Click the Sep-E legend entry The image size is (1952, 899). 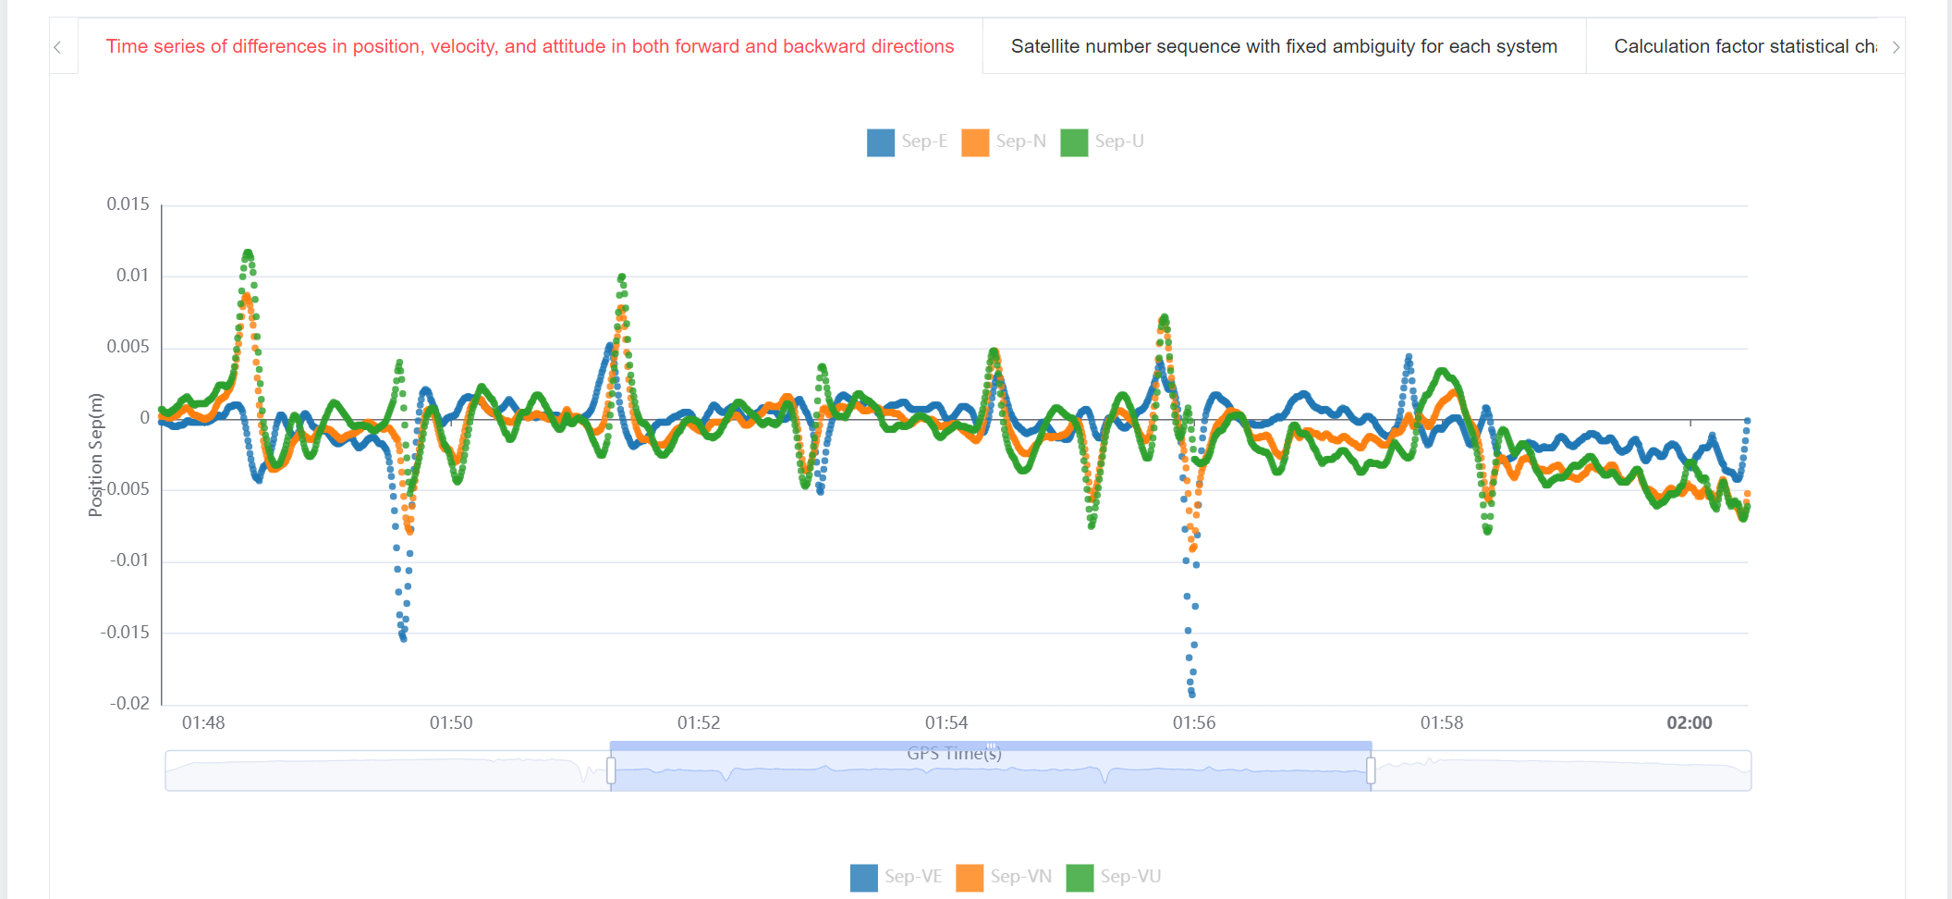(x=907, y=142)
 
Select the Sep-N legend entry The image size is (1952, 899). (x=1004, y=142)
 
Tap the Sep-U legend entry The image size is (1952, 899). (x=1103, y=142)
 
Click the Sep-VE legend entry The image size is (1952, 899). (x=896, y=877)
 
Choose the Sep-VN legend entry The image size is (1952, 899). (x=1004, y=877)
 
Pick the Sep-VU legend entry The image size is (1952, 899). (x=1114, y=877)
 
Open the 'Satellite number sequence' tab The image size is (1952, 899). (x=1284, y=46)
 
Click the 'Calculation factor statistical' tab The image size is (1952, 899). (x=1744, y=46)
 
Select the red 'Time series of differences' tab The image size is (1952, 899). (x=530, y=46)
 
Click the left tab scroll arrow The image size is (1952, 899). (x=57, y=47)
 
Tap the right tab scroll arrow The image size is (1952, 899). (x=1896, y=47)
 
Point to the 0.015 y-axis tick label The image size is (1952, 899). (x=128, y=204)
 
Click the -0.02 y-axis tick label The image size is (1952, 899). (x=129, y=703)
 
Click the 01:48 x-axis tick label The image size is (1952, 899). (x=203, y=723)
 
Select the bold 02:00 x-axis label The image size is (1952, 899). (x=1689, y=723)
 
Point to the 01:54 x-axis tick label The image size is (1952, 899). (x=946, y=723)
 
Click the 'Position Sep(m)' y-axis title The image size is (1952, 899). (x=95, y=455)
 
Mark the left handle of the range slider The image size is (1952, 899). (x=611, y=770)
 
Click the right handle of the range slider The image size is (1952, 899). (x=1371, y=770)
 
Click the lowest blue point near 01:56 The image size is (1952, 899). (x=1192, y=693)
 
